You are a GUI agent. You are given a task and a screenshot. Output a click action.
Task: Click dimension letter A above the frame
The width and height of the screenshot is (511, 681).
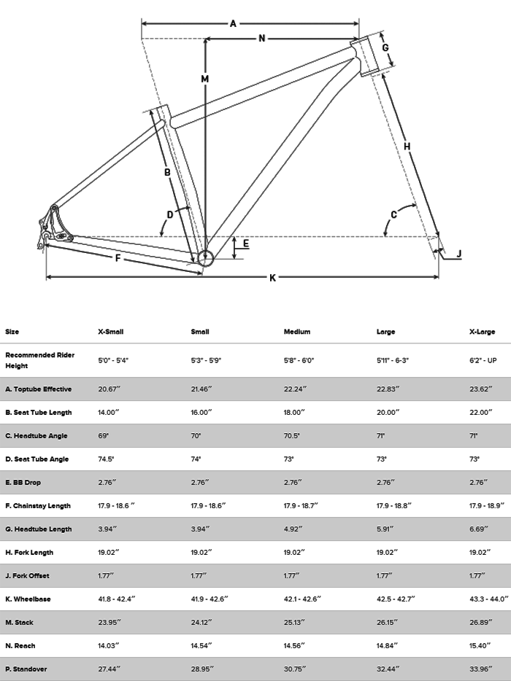[233, 23]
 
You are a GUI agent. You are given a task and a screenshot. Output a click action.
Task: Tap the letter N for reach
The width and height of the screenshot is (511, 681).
[261, 39]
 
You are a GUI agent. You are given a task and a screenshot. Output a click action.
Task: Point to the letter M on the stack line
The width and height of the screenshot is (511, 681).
[205, 79]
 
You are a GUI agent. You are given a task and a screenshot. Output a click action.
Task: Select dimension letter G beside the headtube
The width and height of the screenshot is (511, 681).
[385, 48]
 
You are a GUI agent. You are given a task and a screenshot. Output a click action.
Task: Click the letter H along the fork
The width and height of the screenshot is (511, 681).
[407, 147]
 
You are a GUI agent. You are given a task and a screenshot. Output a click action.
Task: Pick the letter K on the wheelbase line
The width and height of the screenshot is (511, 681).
[272, 277]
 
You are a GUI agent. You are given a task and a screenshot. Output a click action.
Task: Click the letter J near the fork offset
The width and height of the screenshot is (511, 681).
[458, 254]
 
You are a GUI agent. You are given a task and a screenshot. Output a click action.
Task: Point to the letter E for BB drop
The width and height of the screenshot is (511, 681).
[245, 244]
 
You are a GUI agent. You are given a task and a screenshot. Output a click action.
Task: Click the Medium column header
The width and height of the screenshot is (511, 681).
[296, 332]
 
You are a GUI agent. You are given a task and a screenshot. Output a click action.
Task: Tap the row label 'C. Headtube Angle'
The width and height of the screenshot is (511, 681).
[36, 435]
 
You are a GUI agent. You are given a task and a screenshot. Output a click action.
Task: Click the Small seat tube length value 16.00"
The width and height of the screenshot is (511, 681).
[202, 412]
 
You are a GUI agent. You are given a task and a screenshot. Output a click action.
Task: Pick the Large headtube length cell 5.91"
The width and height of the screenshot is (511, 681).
[387, 529]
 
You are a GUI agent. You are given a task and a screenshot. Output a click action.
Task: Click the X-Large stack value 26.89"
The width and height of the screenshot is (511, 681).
[482, 622]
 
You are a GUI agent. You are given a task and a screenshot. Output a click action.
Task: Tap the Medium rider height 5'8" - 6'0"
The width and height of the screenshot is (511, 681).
[299, 359]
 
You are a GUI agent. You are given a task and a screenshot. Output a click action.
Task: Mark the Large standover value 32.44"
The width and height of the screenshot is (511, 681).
[388, 669]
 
